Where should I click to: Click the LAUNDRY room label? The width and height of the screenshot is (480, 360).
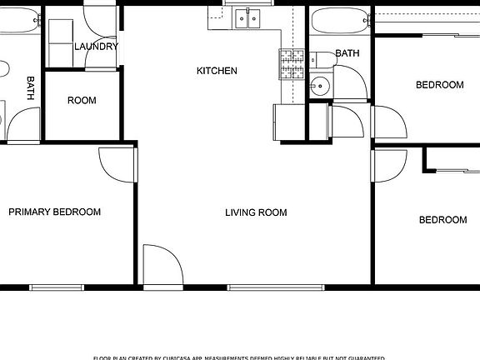[x=96, y=47]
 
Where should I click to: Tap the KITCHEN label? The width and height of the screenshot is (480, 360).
[x=217, y=71]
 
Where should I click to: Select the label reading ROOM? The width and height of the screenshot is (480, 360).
[x=82, y=101]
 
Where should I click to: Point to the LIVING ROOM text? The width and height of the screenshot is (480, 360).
[x=256, y=212]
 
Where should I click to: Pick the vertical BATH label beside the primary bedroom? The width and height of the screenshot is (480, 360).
[x=31, y=88]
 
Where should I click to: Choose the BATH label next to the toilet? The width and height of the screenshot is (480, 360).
[x=347, y=53]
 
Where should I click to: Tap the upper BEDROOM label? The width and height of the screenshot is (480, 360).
[x=439, y=85]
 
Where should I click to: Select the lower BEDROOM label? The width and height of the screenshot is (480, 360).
[x=442, y=220]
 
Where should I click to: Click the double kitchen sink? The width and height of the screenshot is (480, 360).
[x=247, y=17]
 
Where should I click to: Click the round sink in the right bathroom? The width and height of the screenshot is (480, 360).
[x=319, y=85]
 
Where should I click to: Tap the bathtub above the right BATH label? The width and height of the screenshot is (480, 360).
[x=339, y=17]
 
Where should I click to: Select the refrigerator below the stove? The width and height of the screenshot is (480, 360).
[x=282, y=121]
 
